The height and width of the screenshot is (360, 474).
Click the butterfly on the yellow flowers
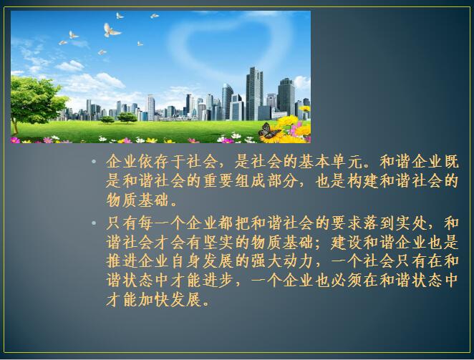pyautogui.click(x=269, y=131)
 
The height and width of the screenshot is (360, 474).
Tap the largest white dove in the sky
pyautogui.click(x=111, y=30)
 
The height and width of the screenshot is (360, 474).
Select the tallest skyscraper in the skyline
pyautogui.click(x=254, y=94)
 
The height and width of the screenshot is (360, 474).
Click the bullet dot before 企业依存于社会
pyautogui.click(x=94, y=162)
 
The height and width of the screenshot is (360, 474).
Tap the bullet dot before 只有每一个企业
pyautogui.click(x=94, y=223)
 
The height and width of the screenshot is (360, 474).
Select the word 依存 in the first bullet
pyautogui.click(x=154, y=162)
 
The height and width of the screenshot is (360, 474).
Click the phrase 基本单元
pyautogui.click(x=330, y=162)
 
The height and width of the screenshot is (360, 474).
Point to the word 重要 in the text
pyautogui.click(x=218, y=181)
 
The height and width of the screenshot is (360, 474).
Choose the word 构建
pyautogui.click(x=362, y=181)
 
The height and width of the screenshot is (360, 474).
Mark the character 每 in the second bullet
pyautogui.click(x=146, y=223)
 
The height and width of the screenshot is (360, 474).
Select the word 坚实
pyautogui.click(x=218, y=243)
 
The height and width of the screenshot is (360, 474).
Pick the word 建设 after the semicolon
pyautogui.click(x=347, y=243)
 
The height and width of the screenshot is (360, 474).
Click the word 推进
pyautogui.click(x=122, y=261)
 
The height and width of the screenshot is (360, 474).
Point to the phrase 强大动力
pyautogui.click(x=282, y=261)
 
